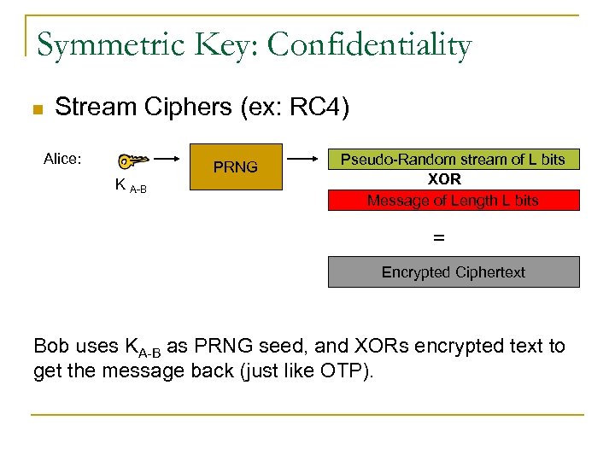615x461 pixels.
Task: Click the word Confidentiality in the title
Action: [369, 44]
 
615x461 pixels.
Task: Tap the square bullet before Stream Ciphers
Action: [36, 110]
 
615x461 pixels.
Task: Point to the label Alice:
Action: [62, 158]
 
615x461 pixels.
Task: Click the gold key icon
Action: [134, 160]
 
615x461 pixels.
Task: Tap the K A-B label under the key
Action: [131, 185]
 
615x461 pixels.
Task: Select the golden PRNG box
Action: [235, 167]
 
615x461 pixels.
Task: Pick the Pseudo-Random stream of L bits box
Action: [454, 159]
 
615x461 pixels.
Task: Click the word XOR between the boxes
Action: [444, 180]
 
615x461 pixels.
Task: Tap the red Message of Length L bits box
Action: [454, 201]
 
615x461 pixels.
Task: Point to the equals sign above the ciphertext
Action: [439, 238]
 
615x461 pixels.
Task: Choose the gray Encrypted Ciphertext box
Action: [454, 272]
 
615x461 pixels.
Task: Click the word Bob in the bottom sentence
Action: [52, 346]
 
